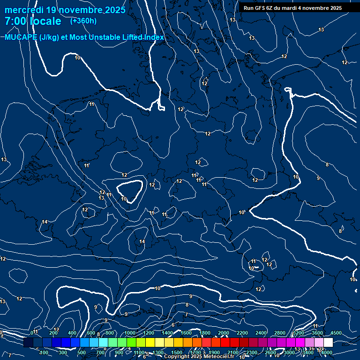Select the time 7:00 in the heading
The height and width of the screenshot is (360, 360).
[15, 22]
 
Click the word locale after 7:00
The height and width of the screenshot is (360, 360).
[45, 22]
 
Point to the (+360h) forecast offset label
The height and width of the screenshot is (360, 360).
[83, 21]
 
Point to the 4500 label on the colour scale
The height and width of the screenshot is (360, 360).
[336, 333]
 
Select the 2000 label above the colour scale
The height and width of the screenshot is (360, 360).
[224, 333]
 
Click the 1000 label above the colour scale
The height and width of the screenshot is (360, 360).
[130, 333]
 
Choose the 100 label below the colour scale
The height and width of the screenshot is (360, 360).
[44, 352]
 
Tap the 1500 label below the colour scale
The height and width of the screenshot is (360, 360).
[177, 352]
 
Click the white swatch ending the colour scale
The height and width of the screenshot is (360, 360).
[328, 343]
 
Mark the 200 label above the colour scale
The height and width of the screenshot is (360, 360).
[53, 333]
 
